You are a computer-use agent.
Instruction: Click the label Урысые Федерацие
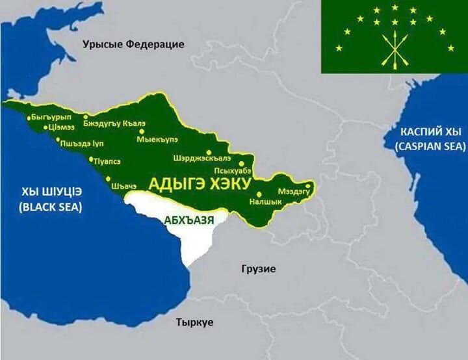coord(133,44)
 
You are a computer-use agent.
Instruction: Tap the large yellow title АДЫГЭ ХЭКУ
coord(200,184)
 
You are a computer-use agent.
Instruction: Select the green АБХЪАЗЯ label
coord(188,219)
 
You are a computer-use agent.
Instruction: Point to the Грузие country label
coord(258,268)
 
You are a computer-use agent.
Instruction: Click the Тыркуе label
coord(195,322)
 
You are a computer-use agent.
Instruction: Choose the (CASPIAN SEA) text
coord(430,146)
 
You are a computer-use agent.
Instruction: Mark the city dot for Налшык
coord(259,194)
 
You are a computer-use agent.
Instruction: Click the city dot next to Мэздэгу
coord(308,191)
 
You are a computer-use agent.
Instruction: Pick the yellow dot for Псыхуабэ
coord(242,164)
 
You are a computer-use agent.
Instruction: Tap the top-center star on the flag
coord(395,7)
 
